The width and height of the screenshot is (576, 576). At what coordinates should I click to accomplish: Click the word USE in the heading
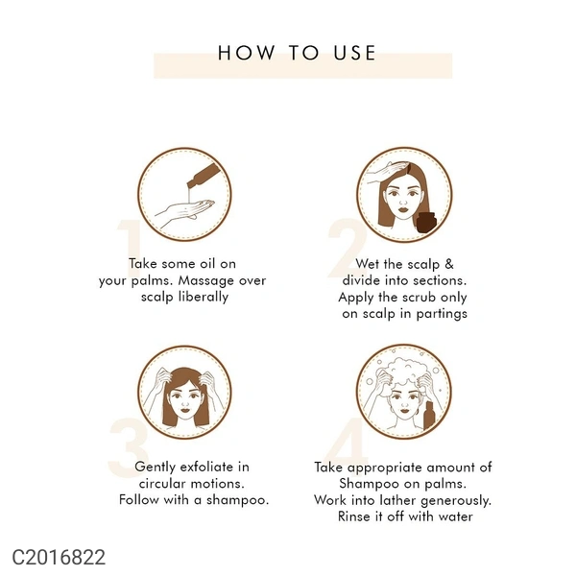coord(354,53)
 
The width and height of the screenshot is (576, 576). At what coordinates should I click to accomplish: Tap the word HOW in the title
coord(246,53)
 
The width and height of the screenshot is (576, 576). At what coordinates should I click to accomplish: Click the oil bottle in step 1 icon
coord(204,175)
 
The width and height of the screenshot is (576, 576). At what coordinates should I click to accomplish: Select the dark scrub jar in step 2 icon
coord(426,222)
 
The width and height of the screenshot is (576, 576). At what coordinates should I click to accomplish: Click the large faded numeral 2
coord(347,249)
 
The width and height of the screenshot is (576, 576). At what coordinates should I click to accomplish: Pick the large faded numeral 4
coord(346,446)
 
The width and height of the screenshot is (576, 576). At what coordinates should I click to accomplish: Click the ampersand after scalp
coord(449,264)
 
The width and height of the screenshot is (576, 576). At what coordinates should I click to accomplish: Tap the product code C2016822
coord(59,557)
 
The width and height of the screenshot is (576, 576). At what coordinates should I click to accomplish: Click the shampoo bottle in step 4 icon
coord(429,416)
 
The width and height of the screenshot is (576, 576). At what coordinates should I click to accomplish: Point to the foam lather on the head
coord(404,371)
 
